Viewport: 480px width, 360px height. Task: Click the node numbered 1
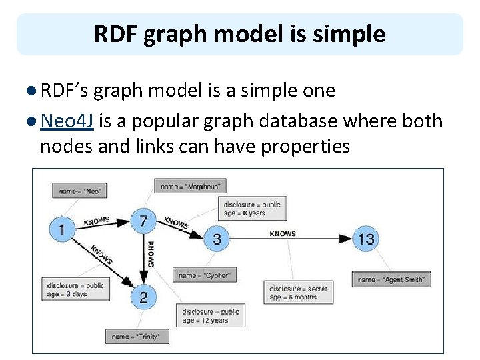pyautogui.click(x=62, y=230)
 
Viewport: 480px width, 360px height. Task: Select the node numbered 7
pyautogui.click(x=143, y=221)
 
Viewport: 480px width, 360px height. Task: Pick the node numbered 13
pyautogui.click(x=366, y=239)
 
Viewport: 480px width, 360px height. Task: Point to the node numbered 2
pyautogui.click(x=143, y=296)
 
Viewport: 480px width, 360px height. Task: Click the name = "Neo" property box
pyautogui.click(x=80, y=191)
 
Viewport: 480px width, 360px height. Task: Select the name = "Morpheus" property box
pyautogui.click(x=190, y=186)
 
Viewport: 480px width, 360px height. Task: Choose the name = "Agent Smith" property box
pyautogui.click(x=391, y=279)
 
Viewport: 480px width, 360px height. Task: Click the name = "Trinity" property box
pyautogui.click(x=137, y=337)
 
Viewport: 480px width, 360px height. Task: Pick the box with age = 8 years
pyautogui.click(x=253, y=209)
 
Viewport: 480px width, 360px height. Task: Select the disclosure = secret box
pyautogui.click(x=298, y=293)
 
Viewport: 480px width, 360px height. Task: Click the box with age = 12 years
pyautogui.click(x=211, y=315)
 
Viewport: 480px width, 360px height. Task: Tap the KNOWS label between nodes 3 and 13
pyautogui.click(x=283, y=234)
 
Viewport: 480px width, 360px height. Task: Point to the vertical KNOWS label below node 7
pyautogui.click(x=151, y=254)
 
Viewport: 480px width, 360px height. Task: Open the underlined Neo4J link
pyautogui.click(x=66, y=121)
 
